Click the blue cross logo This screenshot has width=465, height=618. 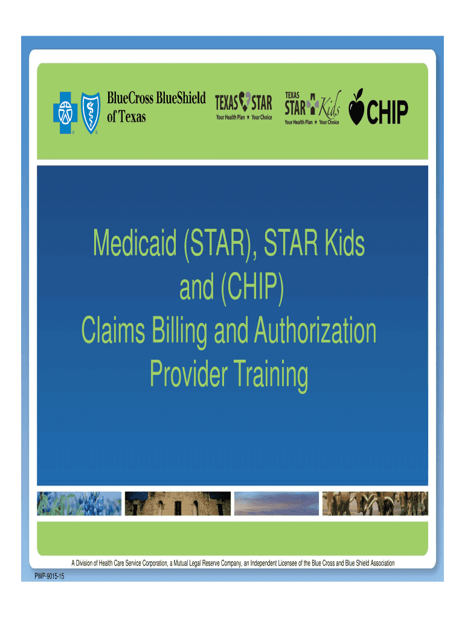pyautogui.click(x=65, y=113)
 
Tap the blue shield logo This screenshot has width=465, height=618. pyautogui.click(x=91, y=113)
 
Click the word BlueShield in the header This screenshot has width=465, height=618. pyautogui.click(x=181, y=98)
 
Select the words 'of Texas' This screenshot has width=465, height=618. pyautogui.click(x=126, y=116)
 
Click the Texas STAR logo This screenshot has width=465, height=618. pyautogui.click(x=243, y=106)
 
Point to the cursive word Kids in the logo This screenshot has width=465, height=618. pyautogui.click(x=330, y=105)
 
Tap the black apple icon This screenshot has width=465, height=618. pyautogui.click(x=356, y=107)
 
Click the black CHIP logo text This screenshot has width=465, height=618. pyautogui.click(x=387, y=112)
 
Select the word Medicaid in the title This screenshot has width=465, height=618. pyautogui.click(x=135, y=243)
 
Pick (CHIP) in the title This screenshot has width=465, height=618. pyautogui.click(x=252, y=288)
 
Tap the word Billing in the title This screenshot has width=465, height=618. pyautogui.click(x=179, y=332)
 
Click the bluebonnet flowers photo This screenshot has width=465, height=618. pyautogui.click(x=79, y=503)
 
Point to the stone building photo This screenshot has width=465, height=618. pyautogui.click(x=178, y=503)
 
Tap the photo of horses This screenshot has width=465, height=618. pyautogui.click(x=375, y=503)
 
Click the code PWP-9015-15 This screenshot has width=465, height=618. pyautogui.click(x=50, y=576)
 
